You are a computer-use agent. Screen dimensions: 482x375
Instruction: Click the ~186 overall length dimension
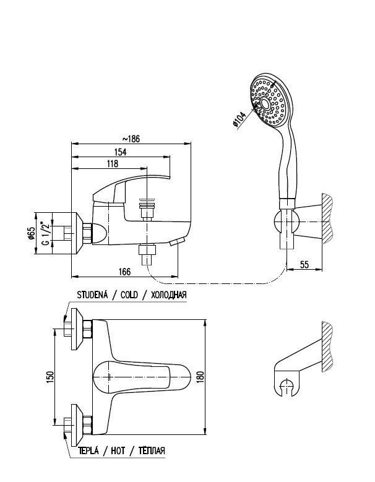pyautogui.click(x=131, y=138)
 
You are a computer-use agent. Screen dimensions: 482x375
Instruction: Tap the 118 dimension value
pyautogui.click(x=113, y=164)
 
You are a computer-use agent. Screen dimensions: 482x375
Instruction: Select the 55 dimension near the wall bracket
pyautogui.click(x=304, y=264)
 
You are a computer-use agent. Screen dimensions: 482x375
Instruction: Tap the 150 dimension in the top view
pyautogui.click(x=50, y=376)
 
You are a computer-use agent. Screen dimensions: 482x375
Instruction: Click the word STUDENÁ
pyautogui.click(x=92, y=295)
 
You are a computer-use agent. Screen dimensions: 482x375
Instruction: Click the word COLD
pyautogui.click(x=128, y=295)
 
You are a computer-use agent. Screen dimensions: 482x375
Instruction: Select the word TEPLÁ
pyautogui.click(x=88, y=450)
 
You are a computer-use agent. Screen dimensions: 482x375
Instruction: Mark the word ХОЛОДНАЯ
pyautogui.click(x=165, y=295)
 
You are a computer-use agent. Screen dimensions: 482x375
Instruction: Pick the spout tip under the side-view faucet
pyautogui.click(x=179, y=241)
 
